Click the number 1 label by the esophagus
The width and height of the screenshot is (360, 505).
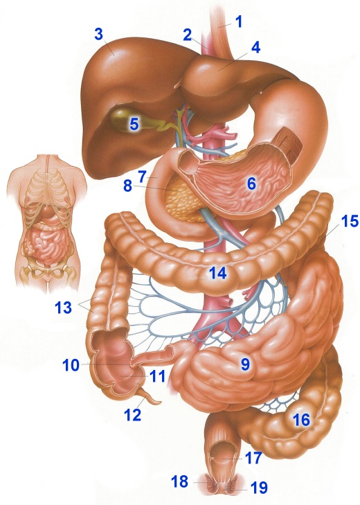pos(238,21)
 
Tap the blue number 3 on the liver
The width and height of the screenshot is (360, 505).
pos(99,35)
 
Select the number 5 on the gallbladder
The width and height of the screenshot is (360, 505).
pos(134,124)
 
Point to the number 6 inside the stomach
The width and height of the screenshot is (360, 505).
pos(251,184)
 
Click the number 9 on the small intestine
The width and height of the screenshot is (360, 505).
pos(245,364)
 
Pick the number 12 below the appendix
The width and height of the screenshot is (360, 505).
pos(133,415)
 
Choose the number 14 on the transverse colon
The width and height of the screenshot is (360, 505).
pos(218,274)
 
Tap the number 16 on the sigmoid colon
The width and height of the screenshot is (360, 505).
pos(301,420)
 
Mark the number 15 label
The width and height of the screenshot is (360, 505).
pos(350,221)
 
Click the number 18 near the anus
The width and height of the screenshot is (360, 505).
pos(180,481)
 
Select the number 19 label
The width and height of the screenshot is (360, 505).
pos(259,488)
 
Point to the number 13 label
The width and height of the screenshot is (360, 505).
pos(64,308)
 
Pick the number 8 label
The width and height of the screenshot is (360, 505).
pos(127,186)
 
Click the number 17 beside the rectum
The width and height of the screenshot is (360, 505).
pos(253,458)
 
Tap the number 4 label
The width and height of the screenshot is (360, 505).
pos(255,48)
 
